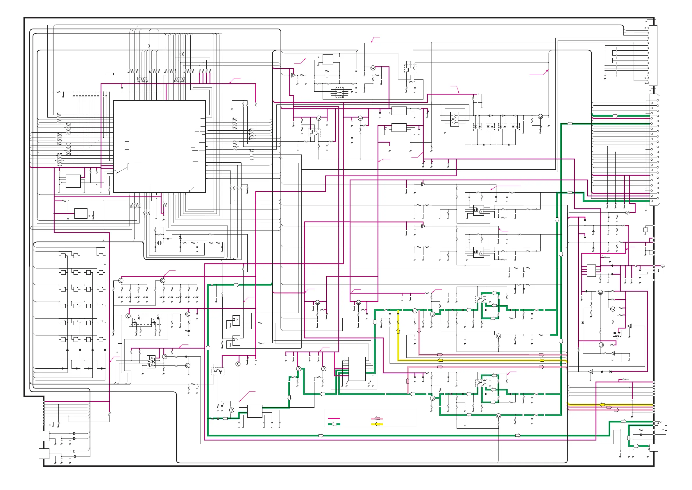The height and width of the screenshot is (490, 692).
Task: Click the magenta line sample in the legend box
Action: pos(334,418)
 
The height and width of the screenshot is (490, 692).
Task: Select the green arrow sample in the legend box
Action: pos(334,424)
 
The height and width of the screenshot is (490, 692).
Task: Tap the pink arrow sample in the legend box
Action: pos(377,418)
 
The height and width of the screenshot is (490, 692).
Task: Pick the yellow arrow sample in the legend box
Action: pos(377,424)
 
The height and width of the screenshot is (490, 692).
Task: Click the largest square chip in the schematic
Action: pos(160,146)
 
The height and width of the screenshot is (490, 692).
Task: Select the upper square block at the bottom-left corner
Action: pos(44,436)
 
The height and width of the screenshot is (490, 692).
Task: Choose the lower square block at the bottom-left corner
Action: pos(44,454)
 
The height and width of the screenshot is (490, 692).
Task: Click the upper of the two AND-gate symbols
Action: pos(236,321)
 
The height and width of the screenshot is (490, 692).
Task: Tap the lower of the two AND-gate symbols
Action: pos(236,341)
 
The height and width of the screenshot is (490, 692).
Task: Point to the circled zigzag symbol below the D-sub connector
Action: pos(627,213)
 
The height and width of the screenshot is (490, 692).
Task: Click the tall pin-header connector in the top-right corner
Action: pos(653,56)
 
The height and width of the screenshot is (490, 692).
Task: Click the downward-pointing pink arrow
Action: pos(419,331)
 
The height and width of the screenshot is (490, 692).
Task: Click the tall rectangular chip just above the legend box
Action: pos(357,369)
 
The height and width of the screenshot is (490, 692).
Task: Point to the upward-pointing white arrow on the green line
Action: pos(208,348)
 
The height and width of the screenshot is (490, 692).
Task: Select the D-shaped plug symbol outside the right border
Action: pos(662,266)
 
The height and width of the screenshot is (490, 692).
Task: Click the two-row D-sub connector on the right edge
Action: pos(654,150)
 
